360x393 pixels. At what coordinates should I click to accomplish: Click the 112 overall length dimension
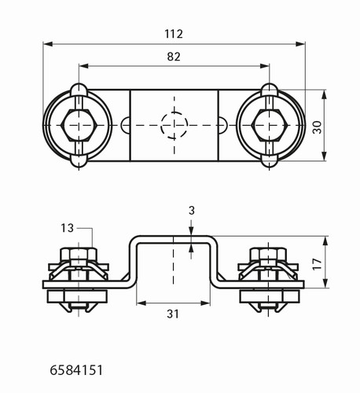[x=174, y=34]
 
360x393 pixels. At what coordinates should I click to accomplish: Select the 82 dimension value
[x=174, y=57]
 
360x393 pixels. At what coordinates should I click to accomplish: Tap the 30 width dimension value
[x=317, y=127]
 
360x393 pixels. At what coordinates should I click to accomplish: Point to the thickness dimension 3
[x=192, y=211]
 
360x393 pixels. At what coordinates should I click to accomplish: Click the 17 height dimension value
[x=317, y=264]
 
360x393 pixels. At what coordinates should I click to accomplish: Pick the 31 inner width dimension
[x=173, y=314]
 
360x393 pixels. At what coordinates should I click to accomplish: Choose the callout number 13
[x=68, y=228]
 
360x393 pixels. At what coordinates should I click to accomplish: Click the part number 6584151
[x=76, y=370]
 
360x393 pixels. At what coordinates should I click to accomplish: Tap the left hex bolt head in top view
[x=79, y=125]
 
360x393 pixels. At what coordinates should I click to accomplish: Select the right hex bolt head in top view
[x=270, y=125]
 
